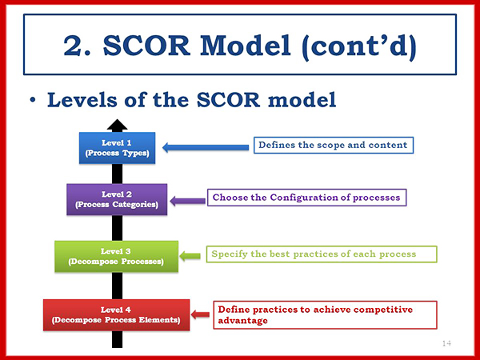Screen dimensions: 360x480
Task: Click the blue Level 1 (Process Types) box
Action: point(118,147)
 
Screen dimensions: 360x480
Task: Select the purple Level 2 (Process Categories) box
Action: point(118,199)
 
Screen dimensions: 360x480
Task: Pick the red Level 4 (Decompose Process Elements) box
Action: point(116,314)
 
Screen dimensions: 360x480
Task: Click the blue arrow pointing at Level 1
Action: point(206,146)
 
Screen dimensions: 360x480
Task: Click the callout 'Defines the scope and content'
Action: point(332,146)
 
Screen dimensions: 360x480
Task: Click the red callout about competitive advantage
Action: point(324,314)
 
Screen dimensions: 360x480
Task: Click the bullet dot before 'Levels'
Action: point(33,102)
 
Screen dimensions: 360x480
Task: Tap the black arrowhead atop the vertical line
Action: point(118,124)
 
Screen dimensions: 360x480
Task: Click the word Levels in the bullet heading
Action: point(86,101)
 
